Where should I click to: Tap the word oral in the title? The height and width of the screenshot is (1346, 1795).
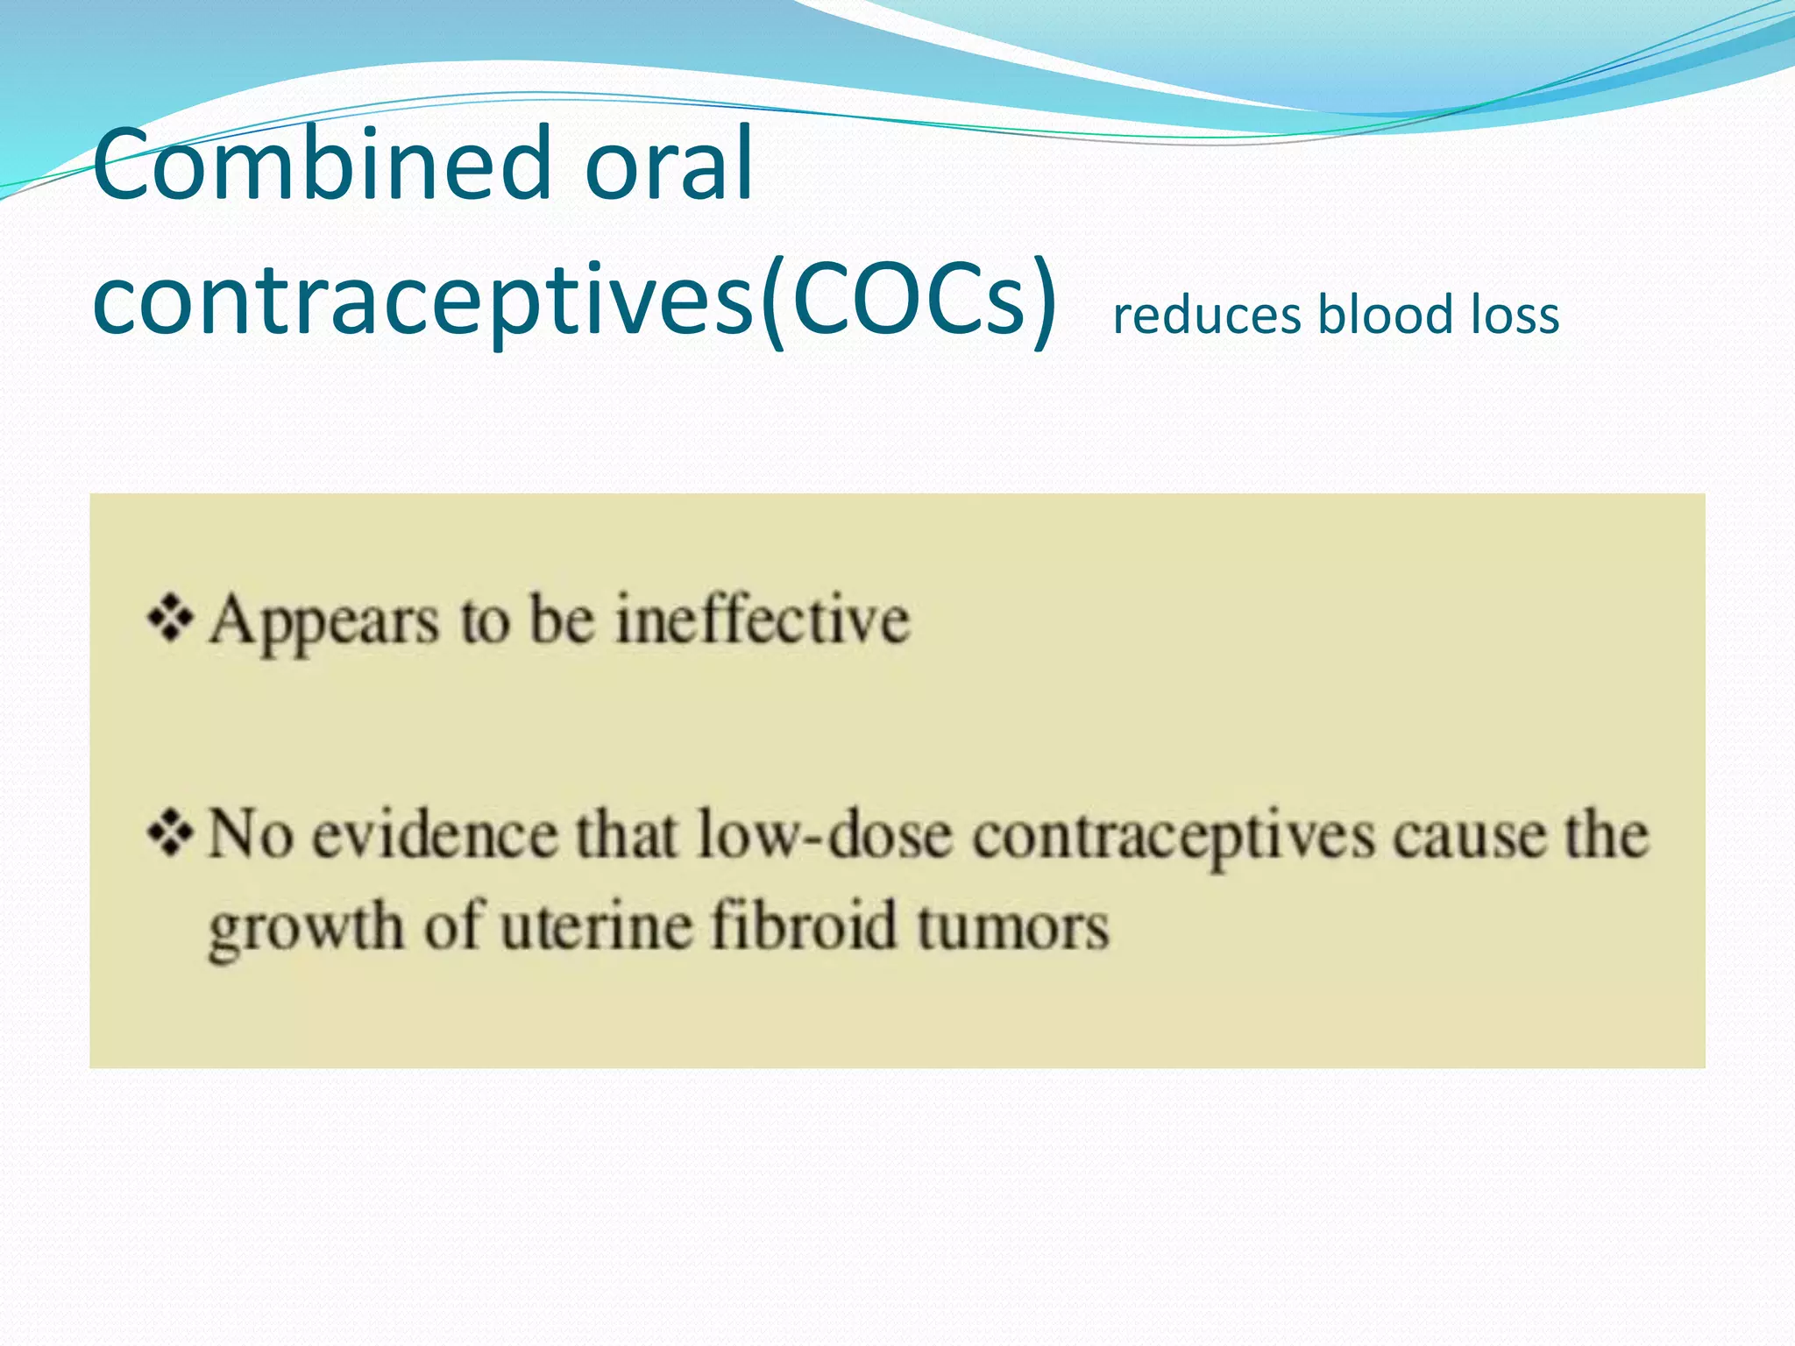click(668, 164)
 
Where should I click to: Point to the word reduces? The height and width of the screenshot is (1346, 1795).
click(1207, 315)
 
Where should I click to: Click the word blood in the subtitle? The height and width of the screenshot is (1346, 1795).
click(1386, 315)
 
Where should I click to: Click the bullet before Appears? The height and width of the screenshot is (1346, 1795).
click(171, 619)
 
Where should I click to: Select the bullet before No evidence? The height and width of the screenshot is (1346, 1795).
click(171, 833)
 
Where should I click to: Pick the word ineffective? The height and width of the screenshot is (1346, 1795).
click(763, 620)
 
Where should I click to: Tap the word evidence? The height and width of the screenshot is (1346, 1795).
click(436, 835)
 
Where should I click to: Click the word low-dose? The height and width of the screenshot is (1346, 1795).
click(825, 835)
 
